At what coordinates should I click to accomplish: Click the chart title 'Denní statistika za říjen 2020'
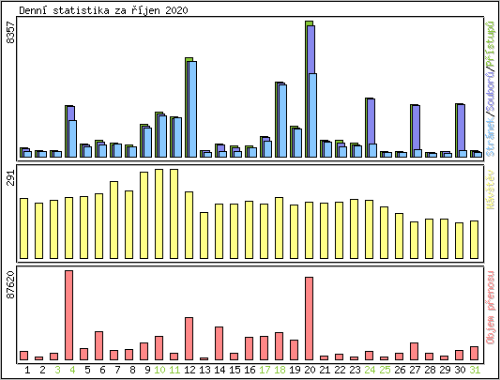pos(103,9)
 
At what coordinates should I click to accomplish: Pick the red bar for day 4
pos(69,314)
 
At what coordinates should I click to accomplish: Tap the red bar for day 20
pos(310,318)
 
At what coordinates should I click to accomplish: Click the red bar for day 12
pos(189,338)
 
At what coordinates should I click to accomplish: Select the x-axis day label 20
pos(310,370)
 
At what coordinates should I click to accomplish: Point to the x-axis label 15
pos(235,370)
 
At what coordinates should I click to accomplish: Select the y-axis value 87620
pos(10,285)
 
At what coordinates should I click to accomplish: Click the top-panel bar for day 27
pos(415,129)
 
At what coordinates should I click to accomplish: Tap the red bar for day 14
pos(220,342)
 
